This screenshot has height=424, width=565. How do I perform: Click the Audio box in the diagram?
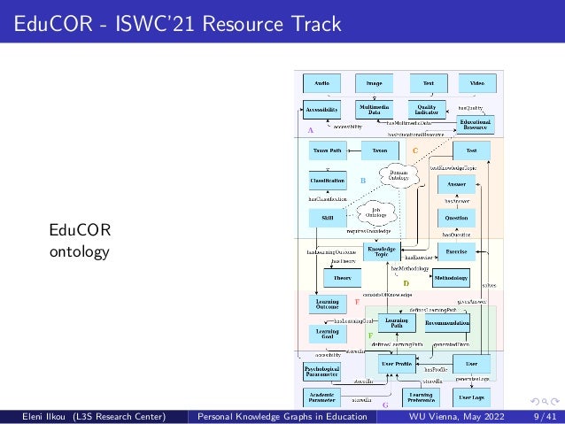click(321, 83)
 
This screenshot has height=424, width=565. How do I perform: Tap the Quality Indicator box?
click(427, 109)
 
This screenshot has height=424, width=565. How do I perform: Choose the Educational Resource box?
click(475, 124)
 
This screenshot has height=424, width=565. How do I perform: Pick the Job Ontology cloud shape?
click(376, 212)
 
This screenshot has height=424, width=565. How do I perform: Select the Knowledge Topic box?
click(382, 252)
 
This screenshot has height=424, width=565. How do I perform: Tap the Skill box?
click(328, 218)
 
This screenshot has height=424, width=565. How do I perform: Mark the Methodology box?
click(450, 278)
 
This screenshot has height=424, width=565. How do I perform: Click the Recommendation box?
click(447, 324)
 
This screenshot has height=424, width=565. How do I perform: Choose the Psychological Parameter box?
click(321, 371)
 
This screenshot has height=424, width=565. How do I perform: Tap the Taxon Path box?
click(328, 150)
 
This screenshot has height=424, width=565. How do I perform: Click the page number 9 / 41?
click(546, 415)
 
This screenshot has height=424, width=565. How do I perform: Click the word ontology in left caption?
click(80, 251)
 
